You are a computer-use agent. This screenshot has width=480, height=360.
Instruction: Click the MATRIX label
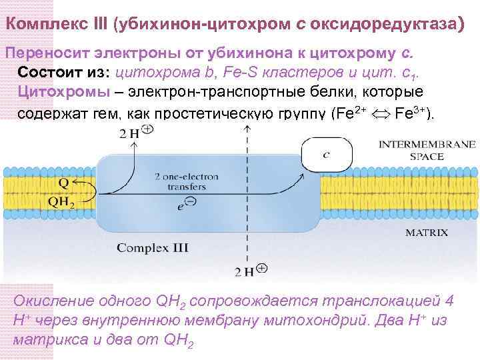click(427, 233)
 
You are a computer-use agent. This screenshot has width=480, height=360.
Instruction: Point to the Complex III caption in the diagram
click(153, 248)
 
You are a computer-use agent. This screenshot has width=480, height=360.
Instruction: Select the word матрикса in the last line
click(45, 340)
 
